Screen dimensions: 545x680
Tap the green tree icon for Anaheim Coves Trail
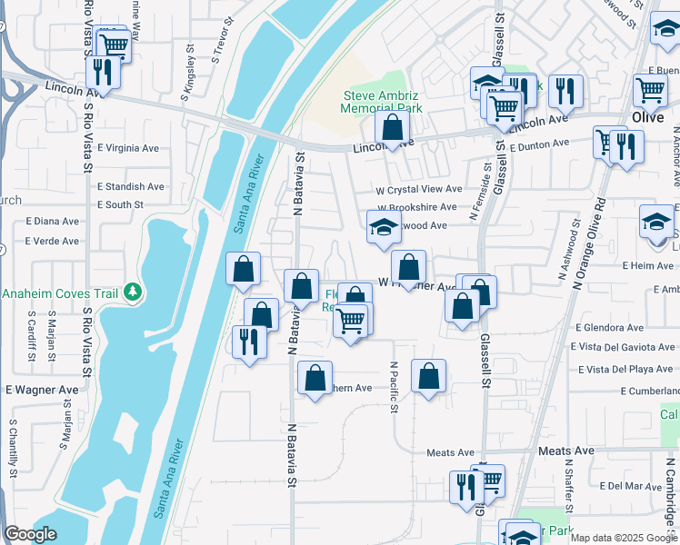point(134,292)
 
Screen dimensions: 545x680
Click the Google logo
point(30,535)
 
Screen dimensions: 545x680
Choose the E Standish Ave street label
point(131,186)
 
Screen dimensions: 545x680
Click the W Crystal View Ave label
point(420,190)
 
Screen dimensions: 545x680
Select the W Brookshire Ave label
point(416,207)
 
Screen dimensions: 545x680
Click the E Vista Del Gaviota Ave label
point(623,347)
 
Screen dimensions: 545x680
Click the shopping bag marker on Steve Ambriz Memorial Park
point(392,128)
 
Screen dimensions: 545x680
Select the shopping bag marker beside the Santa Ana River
point(243,269)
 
